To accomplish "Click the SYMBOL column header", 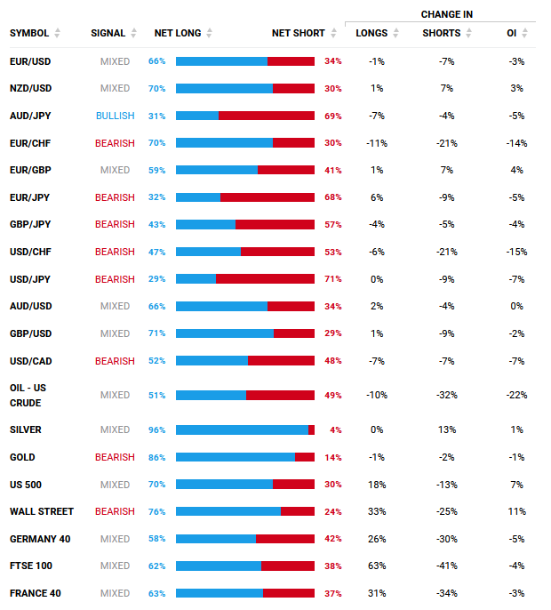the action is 29,33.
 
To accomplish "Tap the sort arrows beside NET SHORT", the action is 333,33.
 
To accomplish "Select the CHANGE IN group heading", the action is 447,14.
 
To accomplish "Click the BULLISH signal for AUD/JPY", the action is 116,116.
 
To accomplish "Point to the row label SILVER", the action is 25,429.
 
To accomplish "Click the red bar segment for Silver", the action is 311,429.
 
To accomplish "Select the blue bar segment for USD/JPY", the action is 196,279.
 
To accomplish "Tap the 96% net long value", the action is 156,429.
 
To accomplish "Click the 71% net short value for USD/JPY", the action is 333,279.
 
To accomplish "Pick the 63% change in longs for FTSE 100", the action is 377,566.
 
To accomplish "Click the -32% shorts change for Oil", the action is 447,395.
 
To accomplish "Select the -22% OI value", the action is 516,395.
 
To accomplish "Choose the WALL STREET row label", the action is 42,511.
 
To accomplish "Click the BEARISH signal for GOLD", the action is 116,457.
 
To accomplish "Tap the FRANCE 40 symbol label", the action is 36,593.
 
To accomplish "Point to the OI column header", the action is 511,33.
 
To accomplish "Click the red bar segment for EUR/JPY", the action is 268,197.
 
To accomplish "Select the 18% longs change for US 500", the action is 377,485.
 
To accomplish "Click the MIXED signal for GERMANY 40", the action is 116,539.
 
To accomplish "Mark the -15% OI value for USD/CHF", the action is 516,253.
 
